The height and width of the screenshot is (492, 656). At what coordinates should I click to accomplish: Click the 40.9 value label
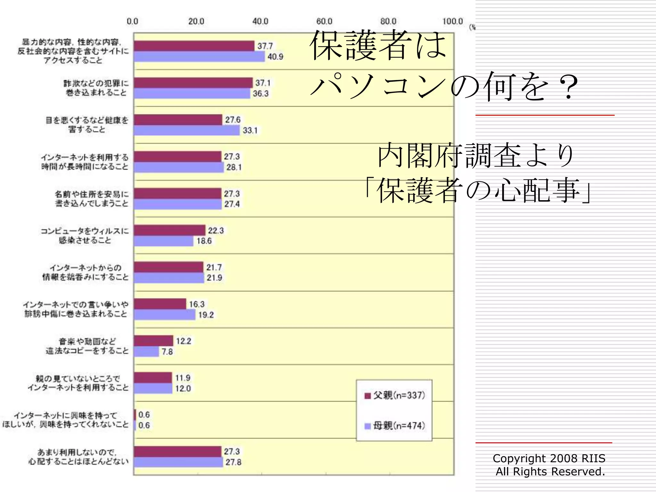275,57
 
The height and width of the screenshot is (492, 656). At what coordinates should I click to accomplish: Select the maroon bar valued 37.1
193,83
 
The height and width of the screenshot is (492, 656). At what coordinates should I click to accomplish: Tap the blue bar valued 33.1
187,130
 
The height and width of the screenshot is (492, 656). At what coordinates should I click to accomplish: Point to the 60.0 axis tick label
324,21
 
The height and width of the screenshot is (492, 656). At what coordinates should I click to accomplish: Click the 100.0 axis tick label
452,21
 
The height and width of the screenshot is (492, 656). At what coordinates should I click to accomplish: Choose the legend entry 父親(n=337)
395,395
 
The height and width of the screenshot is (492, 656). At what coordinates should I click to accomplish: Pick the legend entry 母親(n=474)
395,426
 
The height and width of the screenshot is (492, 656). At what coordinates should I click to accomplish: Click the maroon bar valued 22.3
169,230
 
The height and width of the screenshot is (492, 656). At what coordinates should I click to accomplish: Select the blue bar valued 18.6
163,241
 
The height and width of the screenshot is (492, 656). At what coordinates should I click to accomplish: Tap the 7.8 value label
167,352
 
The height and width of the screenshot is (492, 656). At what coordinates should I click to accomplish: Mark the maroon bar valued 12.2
153,340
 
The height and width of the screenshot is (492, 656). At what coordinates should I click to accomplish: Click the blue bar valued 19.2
165,315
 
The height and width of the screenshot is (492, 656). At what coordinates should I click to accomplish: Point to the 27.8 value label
233,462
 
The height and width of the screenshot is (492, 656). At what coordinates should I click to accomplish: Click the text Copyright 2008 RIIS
549,458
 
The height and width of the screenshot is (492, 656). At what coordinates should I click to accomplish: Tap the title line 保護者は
378,45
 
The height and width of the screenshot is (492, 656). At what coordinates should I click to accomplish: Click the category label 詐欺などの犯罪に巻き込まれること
96,88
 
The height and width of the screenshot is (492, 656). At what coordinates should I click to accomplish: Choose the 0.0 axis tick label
132,21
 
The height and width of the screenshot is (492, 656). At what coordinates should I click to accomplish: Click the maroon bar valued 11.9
153,378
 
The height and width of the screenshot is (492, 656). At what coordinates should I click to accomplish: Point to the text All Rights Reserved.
550,471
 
